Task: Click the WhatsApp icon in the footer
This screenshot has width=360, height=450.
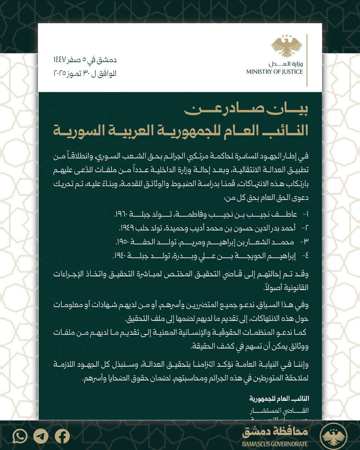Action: [x=20, y=436]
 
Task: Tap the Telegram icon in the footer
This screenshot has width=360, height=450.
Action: [x=41, y=436]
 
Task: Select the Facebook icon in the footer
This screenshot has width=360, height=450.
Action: [x=62, y=436]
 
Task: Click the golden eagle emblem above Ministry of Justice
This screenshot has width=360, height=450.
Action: [x=287, y=45]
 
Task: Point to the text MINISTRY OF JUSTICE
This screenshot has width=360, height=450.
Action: [x=274, y=72]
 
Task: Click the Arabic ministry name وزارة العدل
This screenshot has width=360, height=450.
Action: [x=285, y=64]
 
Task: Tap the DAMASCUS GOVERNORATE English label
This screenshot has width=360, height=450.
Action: [x=275, y=444]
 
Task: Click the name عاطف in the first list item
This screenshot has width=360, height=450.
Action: [x=290, y=214]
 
